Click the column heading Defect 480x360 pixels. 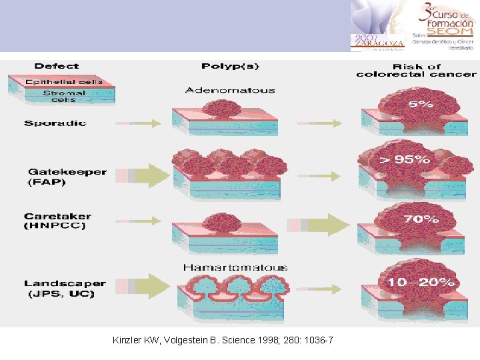57,66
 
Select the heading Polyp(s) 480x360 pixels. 230,66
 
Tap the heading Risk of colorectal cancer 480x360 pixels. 417,70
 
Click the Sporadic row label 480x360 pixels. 55,123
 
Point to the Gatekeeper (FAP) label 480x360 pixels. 67,177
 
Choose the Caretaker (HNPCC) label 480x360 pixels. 57,221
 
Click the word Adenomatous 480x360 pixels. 230,90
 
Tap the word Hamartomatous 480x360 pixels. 235,267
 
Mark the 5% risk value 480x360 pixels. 421,105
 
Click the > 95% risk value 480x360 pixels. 405,159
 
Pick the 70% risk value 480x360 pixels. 421,218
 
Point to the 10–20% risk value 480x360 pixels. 421,283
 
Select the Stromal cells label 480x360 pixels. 64,97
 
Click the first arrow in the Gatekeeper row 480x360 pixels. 142,175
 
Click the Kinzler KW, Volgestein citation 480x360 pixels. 223,341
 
